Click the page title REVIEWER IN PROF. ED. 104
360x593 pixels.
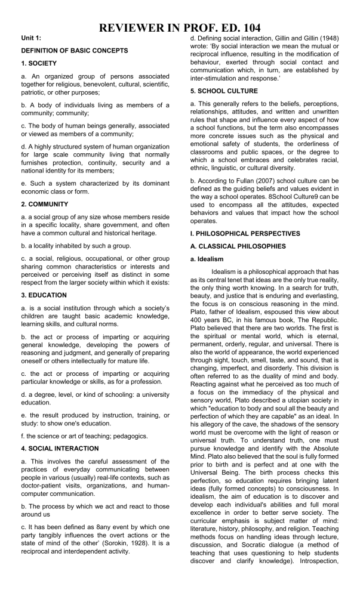click(x=180, y=27)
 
